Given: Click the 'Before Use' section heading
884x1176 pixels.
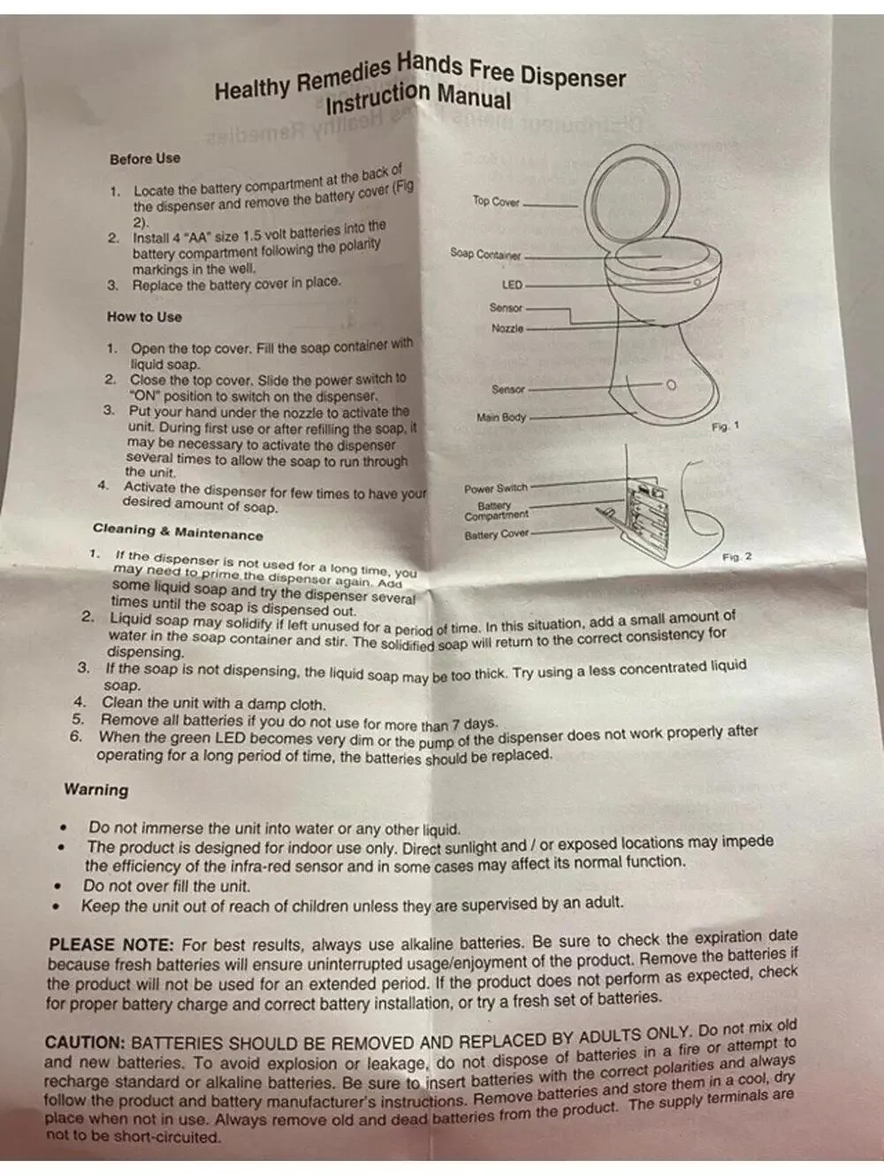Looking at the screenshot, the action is coord(145,158).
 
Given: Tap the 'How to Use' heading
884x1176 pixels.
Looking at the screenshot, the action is coord(144,317).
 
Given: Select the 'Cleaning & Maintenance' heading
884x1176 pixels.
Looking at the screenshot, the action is coord(178,532).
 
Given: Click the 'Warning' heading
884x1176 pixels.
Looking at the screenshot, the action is coord(96,790).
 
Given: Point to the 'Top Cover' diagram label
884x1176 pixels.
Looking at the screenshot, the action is coord(496,202).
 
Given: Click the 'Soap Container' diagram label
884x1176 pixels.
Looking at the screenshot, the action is coord(485,254).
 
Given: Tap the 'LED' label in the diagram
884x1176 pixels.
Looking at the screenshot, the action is coord(512,285).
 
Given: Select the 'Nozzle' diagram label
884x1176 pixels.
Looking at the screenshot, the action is coord(507,328).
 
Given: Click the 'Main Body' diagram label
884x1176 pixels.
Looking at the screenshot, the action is coord(501,416).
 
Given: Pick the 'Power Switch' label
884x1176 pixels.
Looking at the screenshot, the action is coord(496,488).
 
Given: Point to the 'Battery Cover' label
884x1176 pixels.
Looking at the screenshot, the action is coord(496,534).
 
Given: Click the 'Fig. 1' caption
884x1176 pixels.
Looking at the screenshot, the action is coord(726,426).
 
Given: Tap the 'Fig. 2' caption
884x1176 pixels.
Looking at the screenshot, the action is coord(736,557).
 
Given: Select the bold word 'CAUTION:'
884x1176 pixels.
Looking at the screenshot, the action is coord(85,1042).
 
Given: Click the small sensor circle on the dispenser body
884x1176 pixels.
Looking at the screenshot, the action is coord(671,385).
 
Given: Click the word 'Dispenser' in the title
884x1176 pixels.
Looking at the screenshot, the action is coord(574,77).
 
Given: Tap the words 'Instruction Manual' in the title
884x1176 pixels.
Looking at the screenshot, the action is coord(418,97).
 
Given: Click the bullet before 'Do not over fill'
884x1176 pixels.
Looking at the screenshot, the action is coord(57,886).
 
